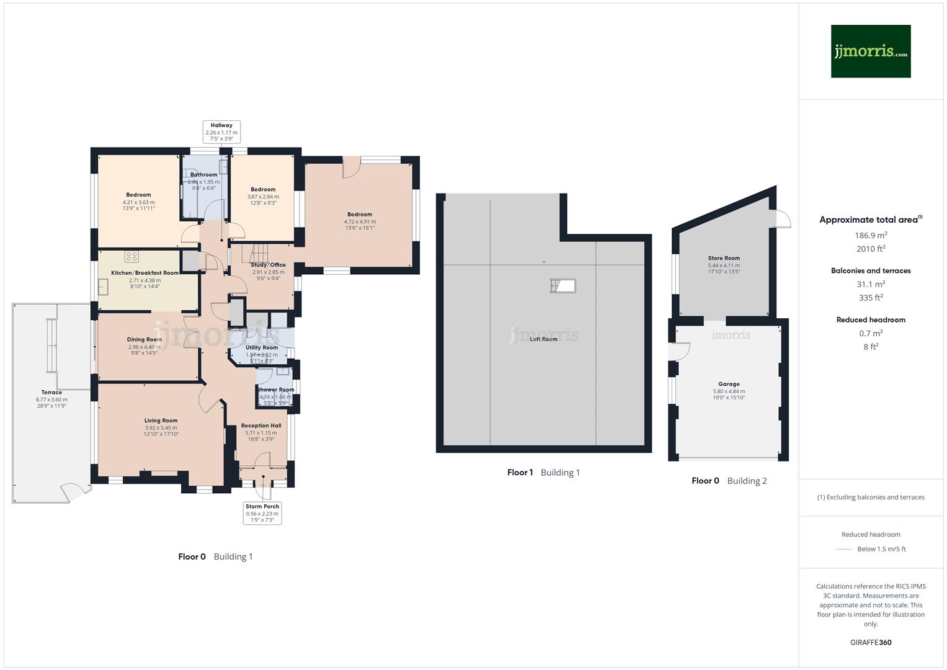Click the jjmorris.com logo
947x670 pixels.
[870, 51]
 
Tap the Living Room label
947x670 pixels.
[161, 421]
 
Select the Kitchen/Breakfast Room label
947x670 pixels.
[144, 273]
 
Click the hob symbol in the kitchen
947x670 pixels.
[131, 256]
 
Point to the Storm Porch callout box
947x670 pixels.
[262, 513]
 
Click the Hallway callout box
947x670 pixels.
[221, 132]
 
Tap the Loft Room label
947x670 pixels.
[543, 339]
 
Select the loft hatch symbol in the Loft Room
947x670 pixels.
[562, 285]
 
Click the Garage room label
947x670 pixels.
[729, 384]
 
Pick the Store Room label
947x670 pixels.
[724, 258]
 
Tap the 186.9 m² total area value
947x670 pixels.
[871, 236]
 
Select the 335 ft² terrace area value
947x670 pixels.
[871, 298]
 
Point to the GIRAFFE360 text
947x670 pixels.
[871, 642]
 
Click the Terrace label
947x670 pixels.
[51, 392]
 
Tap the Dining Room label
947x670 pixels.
[144, 339]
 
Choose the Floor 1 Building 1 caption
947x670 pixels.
[543, 473]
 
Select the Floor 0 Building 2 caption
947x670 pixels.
[729, 481]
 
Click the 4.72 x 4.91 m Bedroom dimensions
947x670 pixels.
[360, 221]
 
